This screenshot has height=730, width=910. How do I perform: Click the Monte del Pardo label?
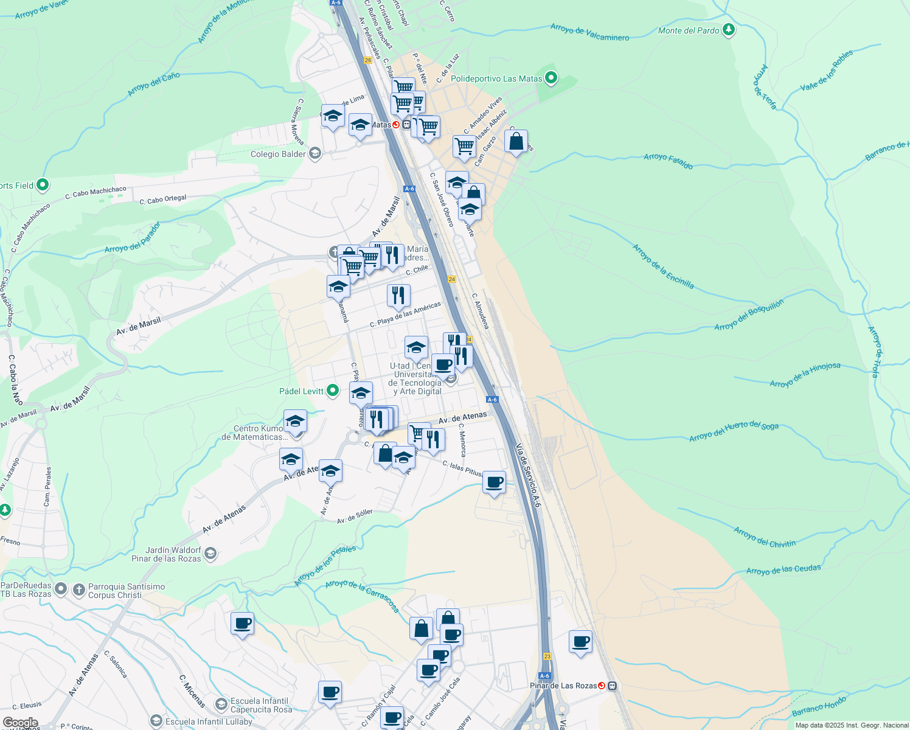tap(689, 30)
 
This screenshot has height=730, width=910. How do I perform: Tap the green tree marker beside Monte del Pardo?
tap(729, 30)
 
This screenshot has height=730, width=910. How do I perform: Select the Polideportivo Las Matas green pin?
tap(551, 78)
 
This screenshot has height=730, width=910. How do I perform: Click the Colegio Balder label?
tap(278, 154)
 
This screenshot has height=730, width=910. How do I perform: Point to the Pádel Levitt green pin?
tap(333, 391)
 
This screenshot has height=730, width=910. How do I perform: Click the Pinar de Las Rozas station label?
tap(563, 686)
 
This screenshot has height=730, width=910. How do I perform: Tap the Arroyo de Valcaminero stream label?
tap(589, 32)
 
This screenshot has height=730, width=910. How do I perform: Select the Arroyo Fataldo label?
tap(668, 161)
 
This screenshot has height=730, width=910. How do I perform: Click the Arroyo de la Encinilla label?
tap(663, 266)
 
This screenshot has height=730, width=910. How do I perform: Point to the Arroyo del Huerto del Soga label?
tap(734, 431)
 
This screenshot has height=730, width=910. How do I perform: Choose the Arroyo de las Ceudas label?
tap(783, 569)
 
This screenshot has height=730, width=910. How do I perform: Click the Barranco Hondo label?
tap(819, 707)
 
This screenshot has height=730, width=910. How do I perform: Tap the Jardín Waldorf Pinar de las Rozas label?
tap(166, 554)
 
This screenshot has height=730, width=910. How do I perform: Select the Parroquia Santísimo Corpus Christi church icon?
tap(78, 589)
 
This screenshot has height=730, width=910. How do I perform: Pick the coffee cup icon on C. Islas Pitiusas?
tap(494, 482)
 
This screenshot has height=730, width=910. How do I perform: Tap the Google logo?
tap(21, 723)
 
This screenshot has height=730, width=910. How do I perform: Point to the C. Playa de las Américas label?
tap(405, 315)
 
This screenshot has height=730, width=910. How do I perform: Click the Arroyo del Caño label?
tap(154, 85)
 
